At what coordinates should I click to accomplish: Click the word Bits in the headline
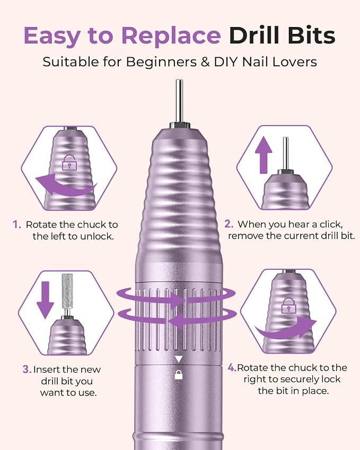click(x=312, y=35)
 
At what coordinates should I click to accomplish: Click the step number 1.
click(x=17, y=224)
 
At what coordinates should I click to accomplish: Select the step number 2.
click(x=229, y=224)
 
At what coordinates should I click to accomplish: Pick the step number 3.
click(x=27, y=369)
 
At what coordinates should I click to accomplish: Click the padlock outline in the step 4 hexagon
click(x=289, y=305)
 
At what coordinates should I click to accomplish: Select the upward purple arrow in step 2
click(x=264, y=155)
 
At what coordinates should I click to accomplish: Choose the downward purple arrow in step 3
click(x=46, y=300)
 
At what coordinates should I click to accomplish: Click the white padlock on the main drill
click(x=179, y=375)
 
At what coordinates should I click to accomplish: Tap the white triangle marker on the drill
click(x=179, y=359)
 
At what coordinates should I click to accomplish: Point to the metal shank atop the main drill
click(x=179, y=101)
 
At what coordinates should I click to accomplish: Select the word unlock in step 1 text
click(x=96, y=236)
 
